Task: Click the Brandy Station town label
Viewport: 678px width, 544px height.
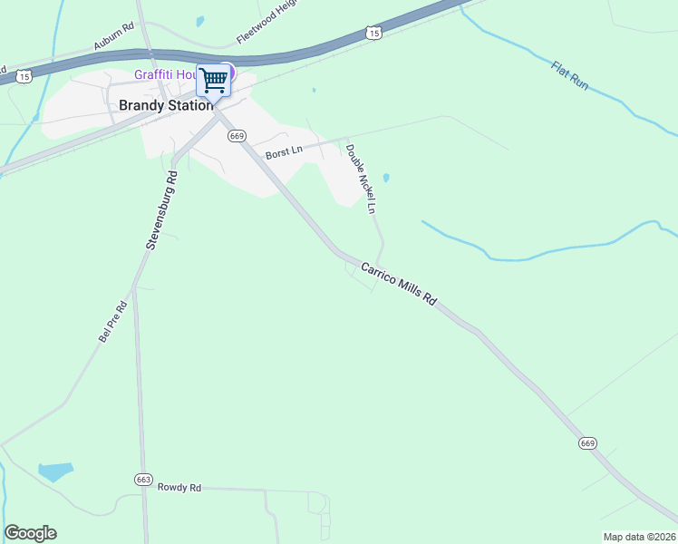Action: pyautogui.click(x=166, y=105)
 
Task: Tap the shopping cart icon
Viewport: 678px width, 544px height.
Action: pyautogui.click(x=214, y=80)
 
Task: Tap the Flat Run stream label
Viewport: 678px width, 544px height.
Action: pyautogui.click(x=570, y=75)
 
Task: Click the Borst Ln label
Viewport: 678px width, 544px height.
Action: pyautogui.click(x=284, y=153)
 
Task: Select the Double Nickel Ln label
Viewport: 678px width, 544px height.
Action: pyautogui.click(x=361, y=178)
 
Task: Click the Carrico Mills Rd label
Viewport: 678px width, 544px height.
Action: pyautogui.click(x=399, y=285)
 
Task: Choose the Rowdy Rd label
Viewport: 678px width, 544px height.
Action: pyautogui.click(x=179, y=488)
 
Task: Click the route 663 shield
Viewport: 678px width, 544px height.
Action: pyautogui.click(x=142, y=478)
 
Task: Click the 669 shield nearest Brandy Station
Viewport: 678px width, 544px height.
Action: pyautogui.click(x=237, y=136)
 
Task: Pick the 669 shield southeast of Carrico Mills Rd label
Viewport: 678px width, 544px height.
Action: pyautogui.click(x=587, y=443)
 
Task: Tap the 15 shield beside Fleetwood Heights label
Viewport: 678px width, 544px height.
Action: pyautogui.click(x=373, y=33)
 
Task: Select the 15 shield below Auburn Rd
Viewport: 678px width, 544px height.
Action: pyautogui.click(x=24, y=77)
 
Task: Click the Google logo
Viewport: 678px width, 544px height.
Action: pyautogui.click(x=30, y=533)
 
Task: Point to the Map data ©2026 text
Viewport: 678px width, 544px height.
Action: pyautogui.click(x=639, y=537)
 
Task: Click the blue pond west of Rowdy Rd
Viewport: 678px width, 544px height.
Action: pyautogui.click(x=55, y=471)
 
